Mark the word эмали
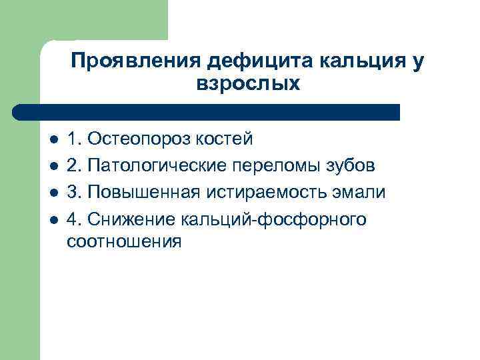pos(361,193)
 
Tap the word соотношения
pos(124,241)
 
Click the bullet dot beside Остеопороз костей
pos(53,140)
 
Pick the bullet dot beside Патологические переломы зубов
pos(53,167)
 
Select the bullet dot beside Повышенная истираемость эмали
pos(53,193)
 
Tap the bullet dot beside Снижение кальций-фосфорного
pos(53,220)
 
